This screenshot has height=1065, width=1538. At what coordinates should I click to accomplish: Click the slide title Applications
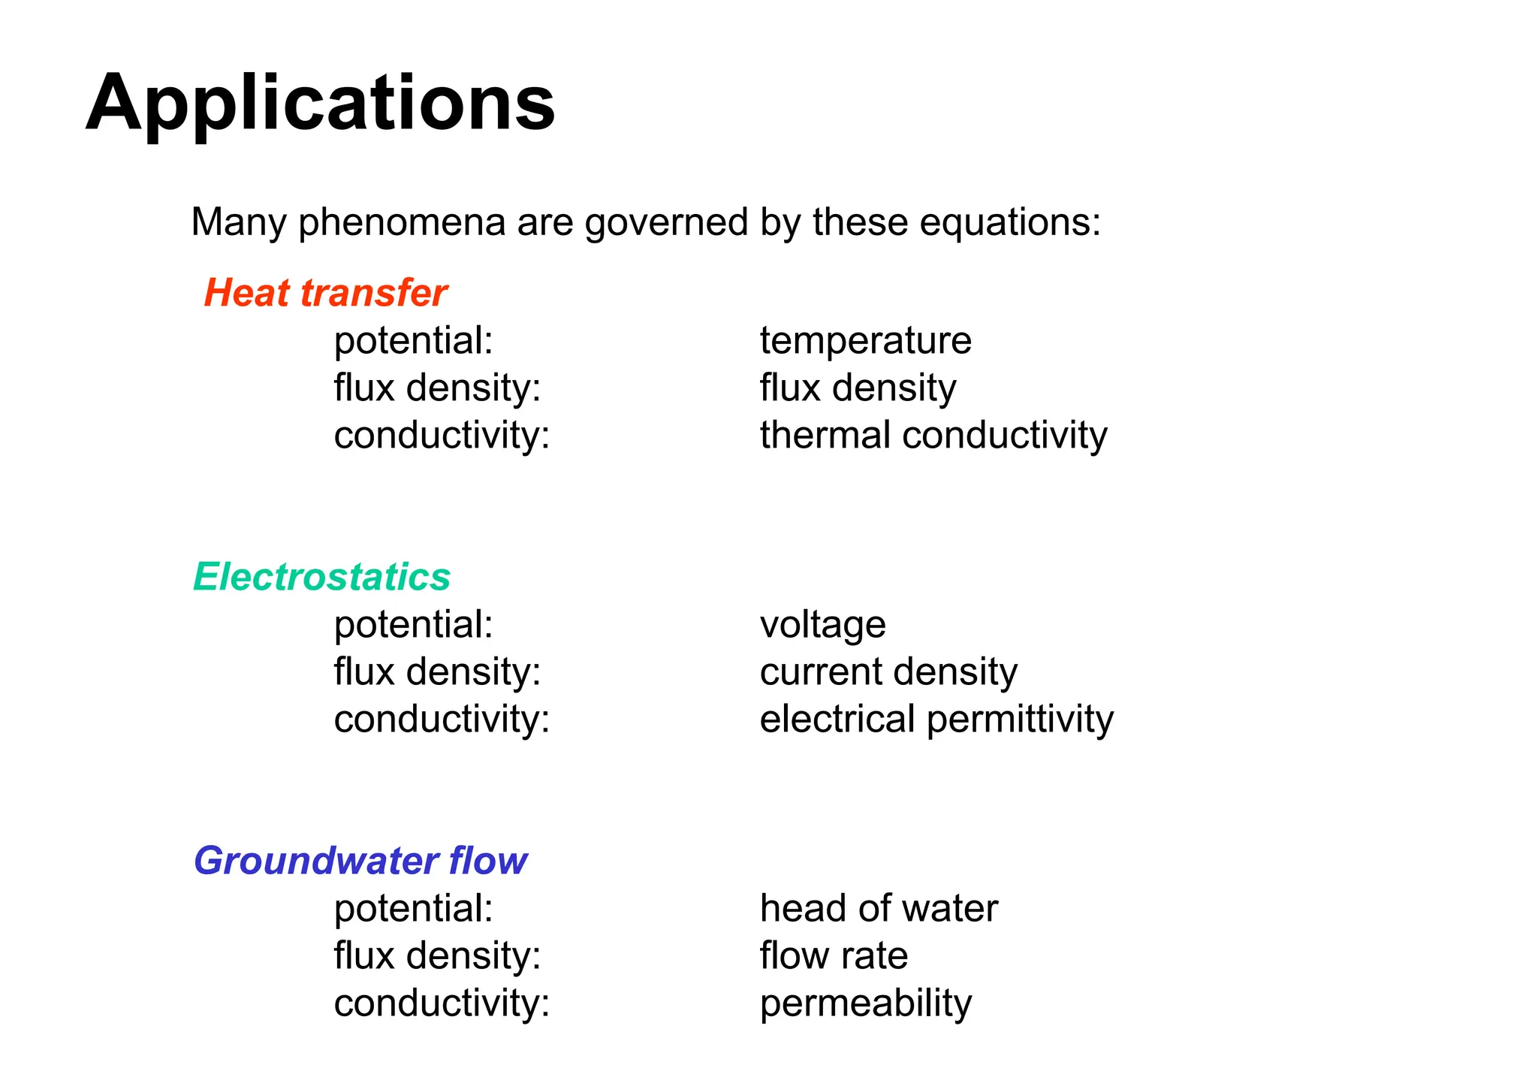[321, 104]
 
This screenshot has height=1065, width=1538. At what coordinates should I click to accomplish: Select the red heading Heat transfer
[325, 292]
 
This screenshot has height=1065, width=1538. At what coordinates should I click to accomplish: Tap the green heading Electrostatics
[321, 577]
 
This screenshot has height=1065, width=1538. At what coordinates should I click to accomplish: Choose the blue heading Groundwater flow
[360, 861]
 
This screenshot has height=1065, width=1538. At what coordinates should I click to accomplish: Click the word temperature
[865, 341]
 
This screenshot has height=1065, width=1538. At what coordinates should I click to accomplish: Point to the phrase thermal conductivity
[933, 436]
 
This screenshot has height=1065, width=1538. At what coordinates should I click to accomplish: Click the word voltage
[822, 625]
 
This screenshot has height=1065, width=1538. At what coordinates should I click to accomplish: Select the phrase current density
[888, 672]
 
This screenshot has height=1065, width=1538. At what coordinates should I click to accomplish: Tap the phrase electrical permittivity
[936, 720]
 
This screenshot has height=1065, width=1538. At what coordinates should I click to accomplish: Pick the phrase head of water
[879, 909]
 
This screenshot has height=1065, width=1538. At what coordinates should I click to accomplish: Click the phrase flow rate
[834, 956]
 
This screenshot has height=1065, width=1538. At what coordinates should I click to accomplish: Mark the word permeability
[865, 1004]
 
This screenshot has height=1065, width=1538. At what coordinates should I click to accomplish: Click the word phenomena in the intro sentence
[401, 223]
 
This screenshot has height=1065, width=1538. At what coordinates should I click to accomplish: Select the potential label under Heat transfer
[413, 341]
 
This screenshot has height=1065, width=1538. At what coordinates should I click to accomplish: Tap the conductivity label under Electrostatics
[442, 720]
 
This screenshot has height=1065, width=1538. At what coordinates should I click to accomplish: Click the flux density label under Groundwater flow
[437, 956]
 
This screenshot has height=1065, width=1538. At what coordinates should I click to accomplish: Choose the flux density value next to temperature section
[858, 388]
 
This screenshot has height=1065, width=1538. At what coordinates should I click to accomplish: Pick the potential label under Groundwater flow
[413, 909]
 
